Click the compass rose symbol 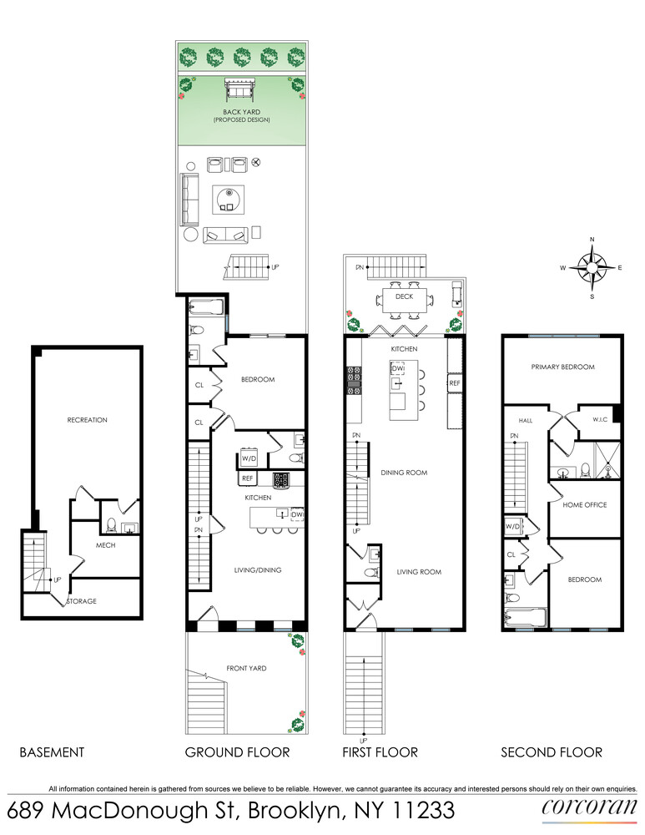(x=592, y=267)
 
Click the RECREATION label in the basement (x=88, y=420)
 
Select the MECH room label (x=105, y=545)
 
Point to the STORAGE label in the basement (x=82, y=601)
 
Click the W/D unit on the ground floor (x=249, y=458)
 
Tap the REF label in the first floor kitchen (x=455, y=383)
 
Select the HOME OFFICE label (x=584, y=505)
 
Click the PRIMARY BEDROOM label (x=562, y=367)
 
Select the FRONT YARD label (x=247, y=668)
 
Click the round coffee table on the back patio (x=228, y=198)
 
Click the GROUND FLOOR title (x=238, y=752)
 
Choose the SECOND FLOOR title (x=552, y=752)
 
